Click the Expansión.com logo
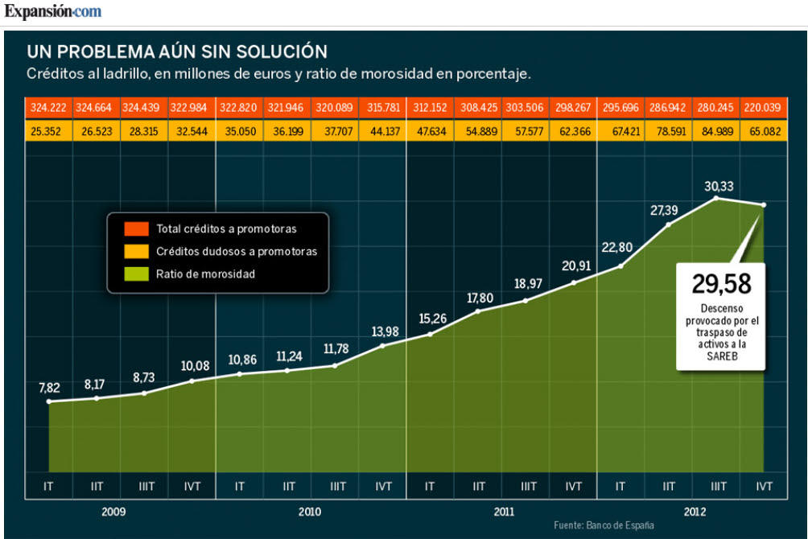point(53,12)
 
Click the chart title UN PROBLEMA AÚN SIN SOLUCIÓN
point(177,51)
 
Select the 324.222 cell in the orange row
point(49,107)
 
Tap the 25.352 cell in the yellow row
point(49,130)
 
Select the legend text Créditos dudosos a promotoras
point(237,252)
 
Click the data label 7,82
point(49,388)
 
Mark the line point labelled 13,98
point(382,345)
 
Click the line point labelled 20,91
point(573,282)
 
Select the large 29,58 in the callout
point(721,284)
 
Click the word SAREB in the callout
point(722,356)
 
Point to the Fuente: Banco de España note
point(604,525)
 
